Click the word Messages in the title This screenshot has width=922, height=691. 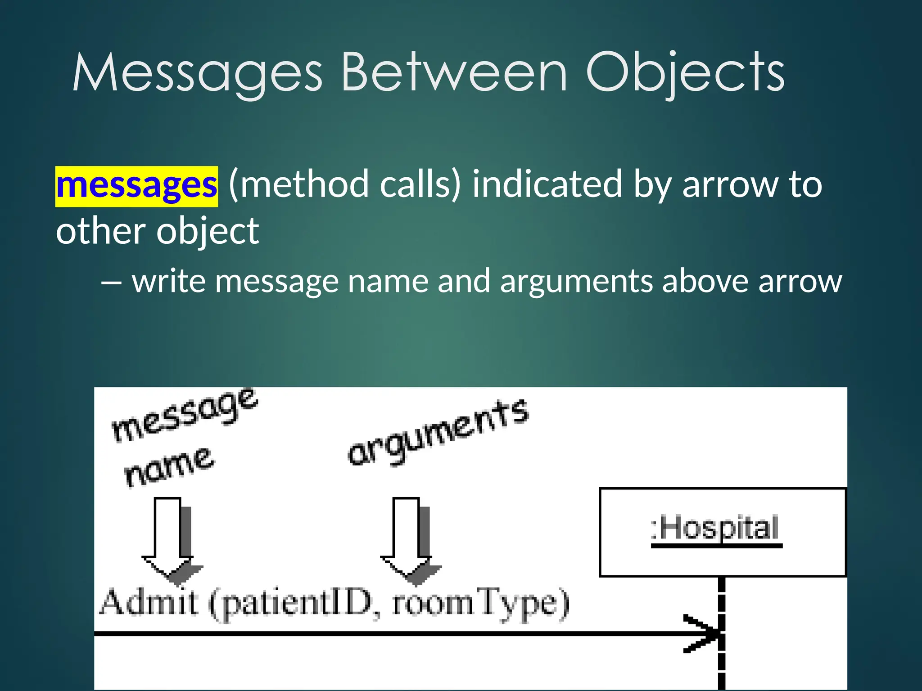pos(197,73)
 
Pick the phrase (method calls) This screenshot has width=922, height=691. pos(345,184)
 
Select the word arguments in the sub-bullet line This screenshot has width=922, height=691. pos(576,282)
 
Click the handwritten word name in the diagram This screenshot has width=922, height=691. pos(168,468)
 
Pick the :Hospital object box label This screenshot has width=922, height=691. pos(716,528)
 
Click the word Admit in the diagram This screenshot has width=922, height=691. pos(149,603)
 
